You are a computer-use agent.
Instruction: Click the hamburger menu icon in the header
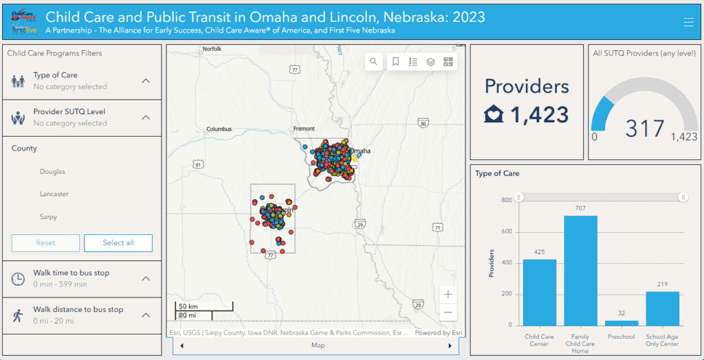tap(688, 22)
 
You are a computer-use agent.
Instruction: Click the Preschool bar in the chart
tap(621, 322)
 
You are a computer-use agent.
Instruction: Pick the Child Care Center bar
tap(540, 292)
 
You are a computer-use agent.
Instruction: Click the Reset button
tap(45, 243)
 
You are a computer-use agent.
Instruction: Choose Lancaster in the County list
tap(54, 194)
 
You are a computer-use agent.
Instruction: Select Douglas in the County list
tap(52, 171)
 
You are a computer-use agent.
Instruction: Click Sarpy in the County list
tap(48, 217)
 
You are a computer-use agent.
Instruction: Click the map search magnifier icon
tap(373, 62)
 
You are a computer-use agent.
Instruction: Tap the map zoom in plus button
tap(448, 294)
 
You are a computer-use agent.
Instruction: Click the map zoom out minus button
tap(448, 313)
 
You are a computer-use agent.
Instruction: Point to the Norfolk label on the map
tap(212, 49)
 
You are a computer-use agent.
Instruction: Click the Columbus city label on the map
tap(219, 128)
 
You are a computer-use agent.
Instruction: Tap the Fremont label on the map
tap(303, 128)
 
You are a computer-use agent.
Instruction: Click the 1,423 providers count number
tap(539, 114)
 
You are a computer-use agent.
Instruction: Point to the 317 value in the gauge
tap(644, 128)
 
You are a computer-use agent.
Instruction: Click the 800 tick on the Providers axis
tap(506, 200)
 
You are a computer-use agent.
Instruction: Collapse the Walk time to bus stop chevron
tap(146, 278)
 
